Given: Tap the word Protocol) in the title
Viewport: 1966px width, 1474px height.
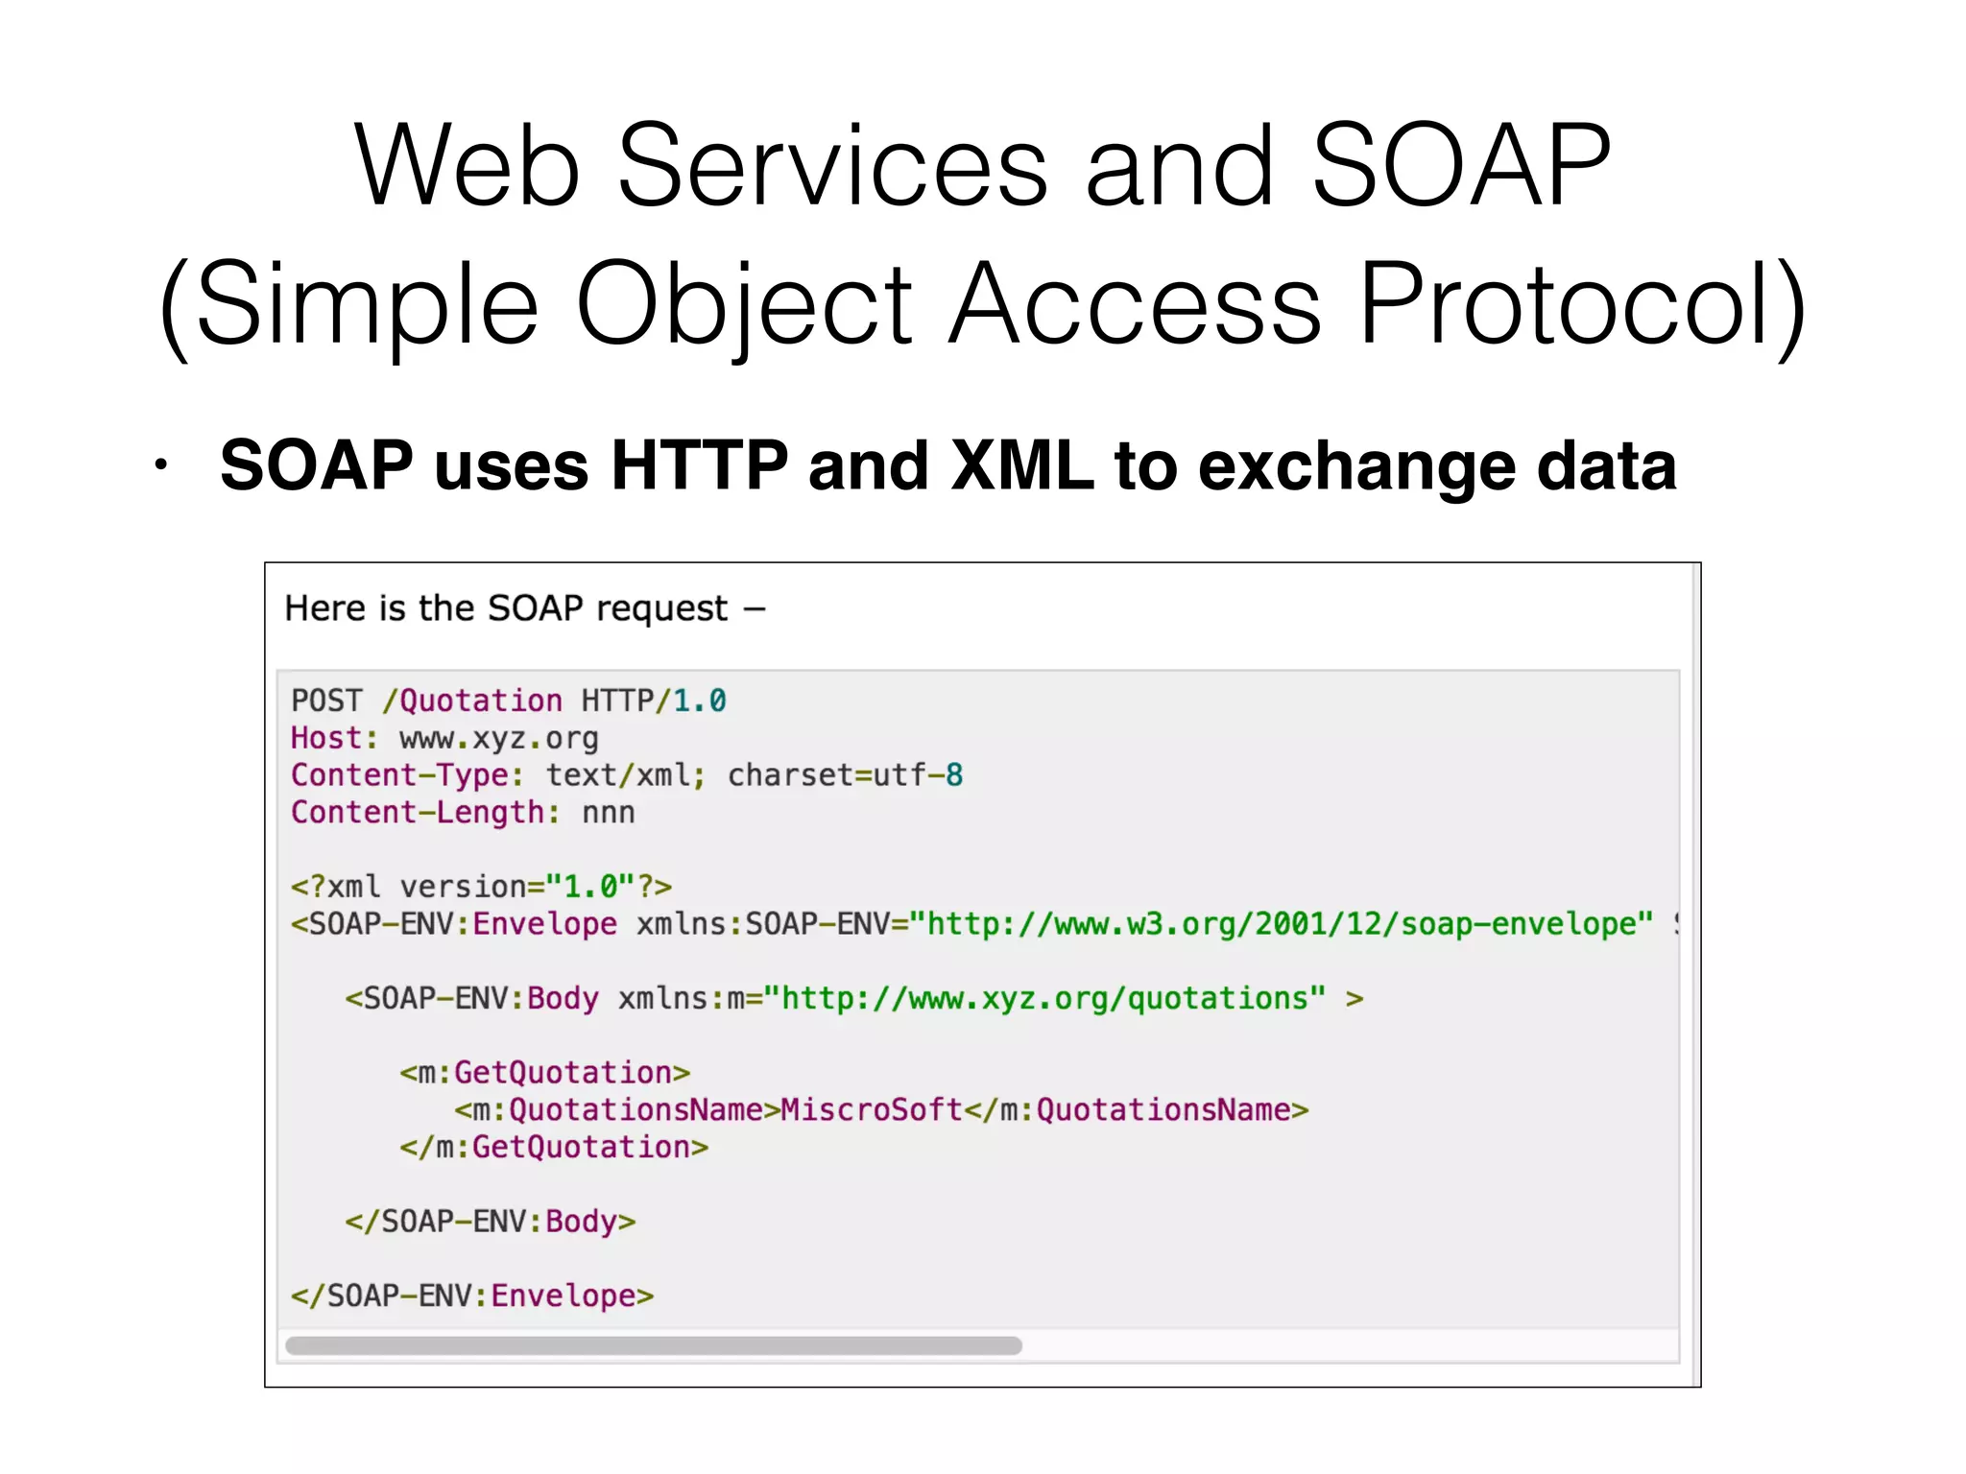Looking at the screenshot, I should pos(1583,305).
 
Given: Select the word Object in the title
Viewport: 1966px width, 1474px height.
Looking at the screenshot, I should pos(744,305).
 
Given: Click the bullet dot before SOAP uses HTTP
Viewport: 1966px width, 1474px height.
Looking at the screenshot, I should pos(161,466).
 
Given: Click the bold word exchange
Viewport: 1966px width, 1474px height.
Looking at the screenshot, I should pos(1355,466).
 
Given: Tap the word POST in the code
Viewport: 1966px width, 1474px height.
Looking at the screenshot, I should pos(327,701).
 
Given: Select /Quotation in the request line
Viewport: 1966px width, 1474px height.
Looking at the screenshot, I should pos(472,701).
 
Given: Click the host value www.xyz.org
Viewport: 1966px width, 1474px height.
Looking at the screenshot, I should pos(498,738).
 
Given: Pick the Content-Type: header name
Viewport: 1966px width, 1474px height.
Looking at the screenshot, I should pos(408,775).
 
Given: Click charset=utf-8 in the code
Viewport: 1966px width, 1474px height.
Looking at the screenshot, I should pos(845,775).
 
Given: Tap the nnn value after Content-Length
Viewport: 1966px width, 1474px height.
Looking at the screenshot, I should pos(608,813).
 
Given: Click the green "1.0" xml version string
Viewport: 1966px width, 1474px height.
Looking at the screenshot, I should pos(590,887).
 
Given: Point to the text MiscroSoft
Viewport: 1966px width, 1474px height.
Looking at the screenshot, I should pos(872,1110).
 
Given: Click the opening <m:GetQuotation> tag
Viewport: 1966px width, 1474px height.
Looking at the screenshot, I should pos(545,1073).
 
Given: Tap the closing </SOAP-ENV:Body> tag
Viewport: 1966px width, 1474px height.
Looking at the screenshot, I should pos(491,1222).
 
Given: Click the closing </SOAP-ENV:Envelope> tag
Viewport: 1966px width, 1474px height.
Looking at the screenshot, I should pos(472,1296).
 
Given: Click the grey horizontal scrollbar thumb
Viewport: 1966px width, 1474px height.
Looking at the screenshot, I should pos(654,1345).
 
